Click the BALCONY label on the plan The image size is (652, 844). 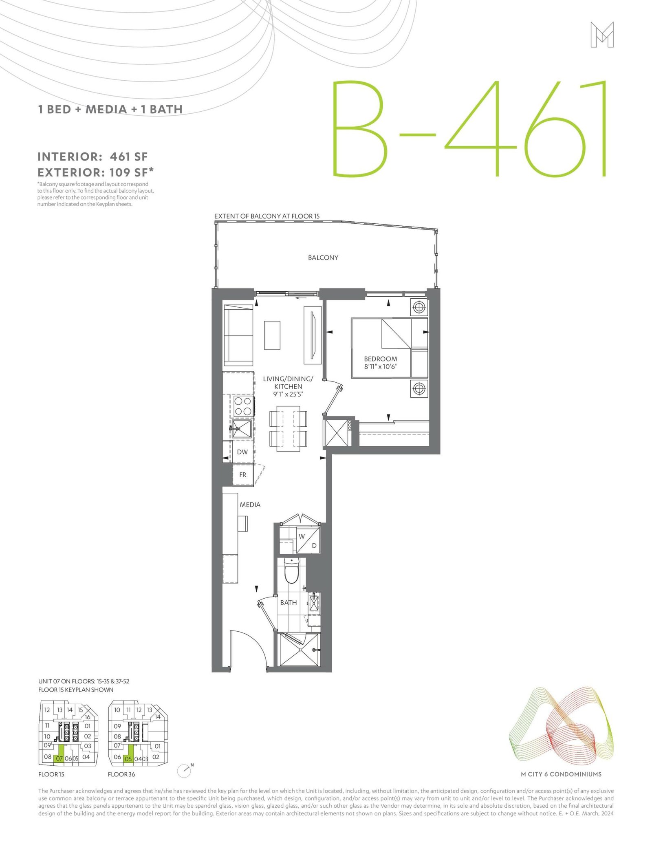[323, 258]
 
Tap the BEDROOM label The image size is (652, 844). [381, 359]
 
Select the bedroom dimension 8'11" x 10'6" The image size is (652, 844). [381, 366]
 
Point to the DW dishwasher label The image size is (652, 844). [242, 452]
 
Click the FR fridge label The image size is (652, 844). [242, 475]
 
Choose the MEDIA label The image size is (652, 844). [250, 505]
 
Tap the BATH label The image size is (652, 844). [289, 602]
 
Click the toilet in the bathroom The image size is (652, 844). [291, 571]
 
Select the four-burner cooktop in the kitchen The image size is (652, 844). [242, 406]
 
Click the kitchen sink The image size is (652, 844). [242, 429]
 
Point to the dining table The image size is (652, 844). [289, 428]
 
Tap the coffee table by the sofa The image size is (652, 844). [272, 335]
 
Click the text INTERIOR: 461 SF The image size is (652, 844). [93, 156]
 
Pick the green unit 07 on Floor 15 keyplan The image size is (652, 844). [59, 754]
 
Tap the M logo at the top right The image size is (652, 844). [602, 35]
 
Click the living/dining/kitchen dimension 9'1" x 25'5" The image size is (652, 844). [288, 394]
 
